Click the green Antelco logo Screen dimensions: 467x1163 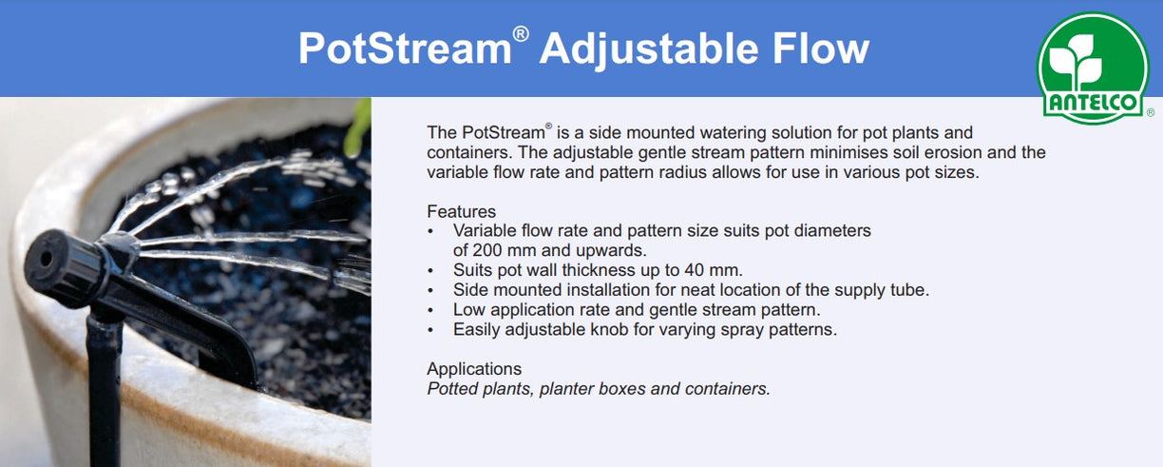point(1092,68)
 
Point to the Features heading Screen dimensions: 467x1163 point(461,211)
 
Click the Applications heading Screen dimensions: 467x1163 point(474,369)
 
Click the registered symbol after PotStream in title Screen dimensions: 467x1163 point(520,34)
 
